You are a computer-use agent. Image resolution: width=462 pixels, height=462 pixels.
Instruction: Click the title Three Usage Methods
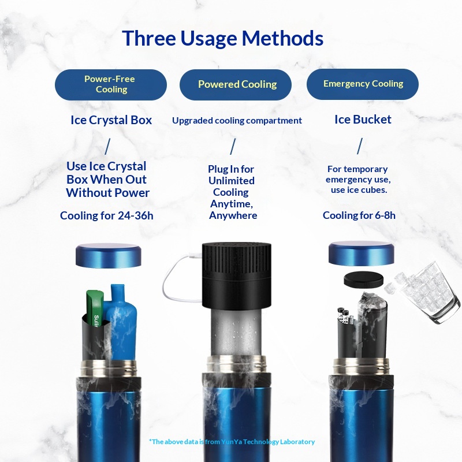(222, 38)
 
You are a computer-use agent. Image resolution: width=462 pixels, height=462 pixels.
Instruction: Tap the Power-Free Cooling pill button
(111, 84)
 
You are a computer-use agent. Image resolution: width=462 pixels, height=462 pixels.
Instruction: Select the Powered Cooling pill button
(237, 84)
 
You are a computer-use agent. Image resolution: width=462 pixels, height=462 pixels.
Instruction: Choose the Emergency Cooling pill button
(363, 84)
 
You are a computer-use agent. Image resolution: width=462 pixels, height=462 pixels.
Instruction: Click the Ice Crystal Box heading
(111, 120)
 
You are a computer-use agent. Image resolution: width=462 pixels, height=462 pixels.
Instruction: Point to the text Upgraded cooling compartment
(237, 121)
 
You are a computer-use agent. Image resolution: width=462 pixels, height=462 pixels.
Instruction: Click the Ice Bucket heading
(363, 120)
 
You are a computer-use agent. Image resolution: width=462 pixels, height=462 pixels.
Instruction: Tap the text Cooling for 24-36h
(107, 216)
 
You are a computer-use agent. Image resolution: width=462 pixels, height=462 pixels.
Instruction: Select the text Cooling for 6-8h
(359, 215)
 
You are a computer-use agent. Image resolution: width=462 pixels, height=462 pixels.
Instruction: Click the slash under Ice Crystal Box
(107, 147)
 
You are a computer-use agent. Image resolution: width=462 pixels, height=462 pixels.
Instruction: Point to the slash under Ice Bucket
(360, 146)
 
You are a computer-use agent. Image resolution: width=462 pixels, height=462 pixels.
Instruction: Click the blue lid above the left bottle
(109, 255)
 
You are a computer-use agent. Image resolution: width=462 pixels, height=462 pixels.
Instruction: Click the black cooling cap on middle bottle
(237, 274)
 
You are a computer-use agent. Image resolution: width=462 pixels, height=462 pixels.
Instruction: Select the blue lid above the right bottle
(361, 253)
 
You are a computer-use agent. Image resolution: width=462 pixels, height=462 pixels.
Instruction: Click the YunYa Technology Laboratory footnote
(232, 442)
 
